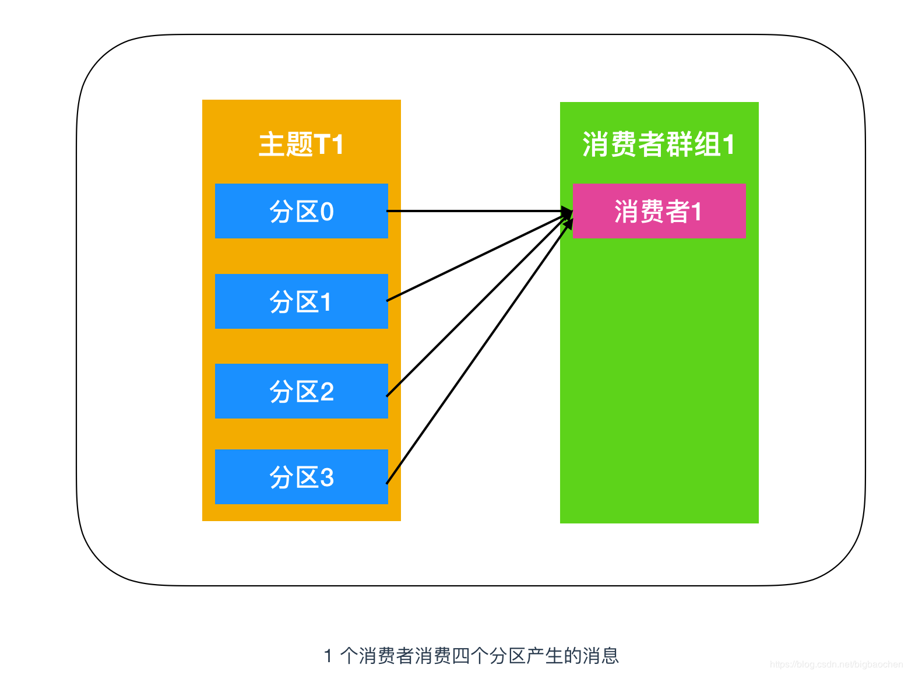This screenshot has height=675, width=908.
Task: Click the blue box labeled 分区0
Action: coord(301,211)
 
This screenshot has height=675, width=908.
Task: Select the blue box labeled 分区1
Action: coord(301,301)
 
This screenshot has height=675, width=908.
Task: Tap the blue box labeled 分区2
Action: coord(301,391)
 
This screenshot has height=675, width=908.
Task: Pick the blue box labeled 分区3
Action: coord(301,477)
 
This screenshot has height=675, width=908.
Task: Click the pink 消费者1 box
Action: coord(659,211)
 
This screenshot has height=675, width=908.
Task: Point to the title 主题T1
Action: coord(301,144)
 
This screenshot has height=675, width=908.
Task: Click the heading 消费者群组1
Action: coord(659,144)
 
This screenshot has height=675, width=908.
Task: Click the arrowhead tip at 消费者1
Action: coord(571,212)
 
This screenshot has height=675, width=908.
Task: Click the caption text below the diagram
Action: coord(471,656)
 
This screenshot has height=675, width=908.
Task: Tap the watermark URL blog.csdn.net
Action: coord(836,665)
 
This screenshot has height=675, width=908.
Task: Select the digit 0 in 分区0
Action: coord(327,212)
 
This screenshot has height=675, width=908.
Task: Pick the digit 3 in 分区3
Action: coord(327,477)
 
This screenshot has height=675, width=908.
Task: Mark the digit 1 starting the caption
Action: coord(328,656)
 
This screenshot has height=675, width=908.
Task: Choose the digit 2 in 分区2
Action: coord(327,392)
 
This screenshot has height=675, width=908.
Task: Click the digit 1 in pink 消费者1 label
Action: coord(696,212)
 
